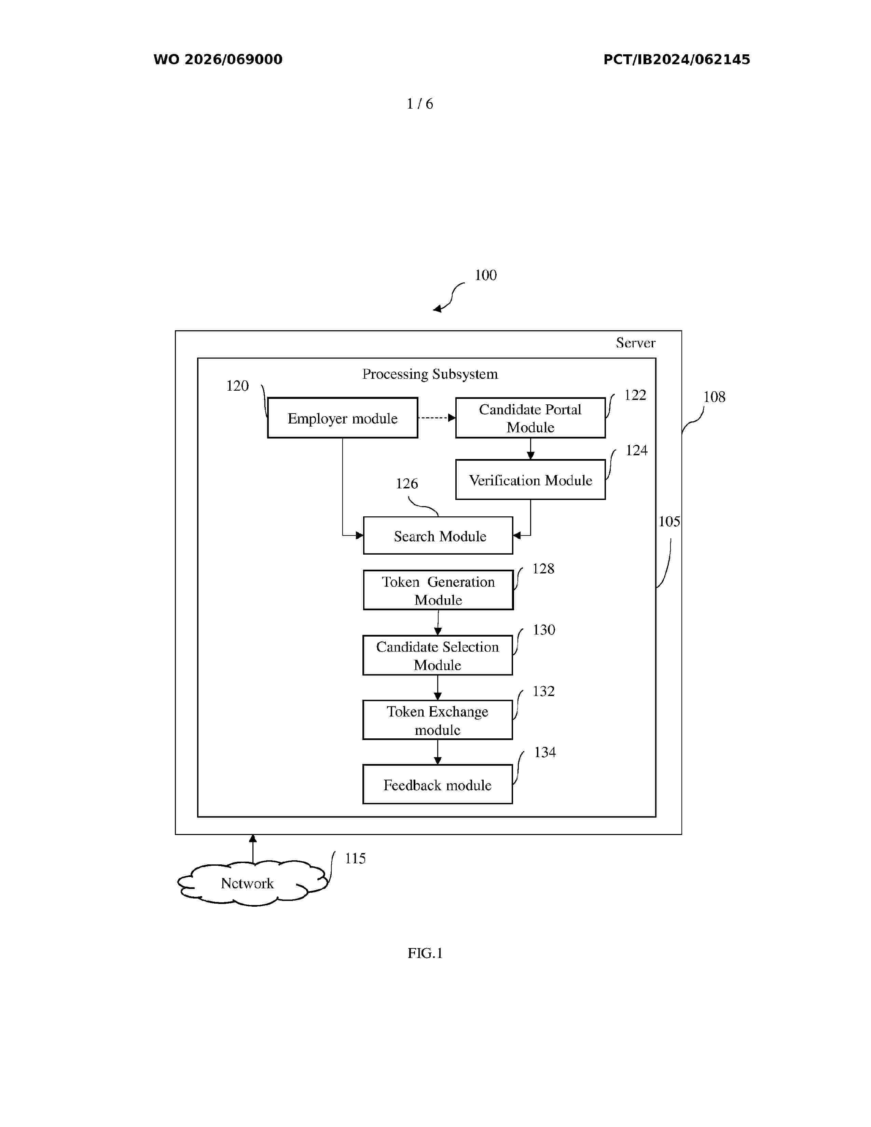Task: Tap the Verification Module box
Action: (x=530, y=479)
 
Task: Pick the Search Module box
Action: (x=438, y=535)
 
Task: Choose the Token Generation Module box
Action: (x=438, y=590)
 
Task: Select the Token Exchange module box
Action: (x=438, y=720)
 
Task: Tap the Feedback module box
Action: (x=438, y=784)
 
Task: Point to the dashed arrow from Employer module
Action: (x=437, y=417)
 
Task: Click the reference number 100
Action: (x=486, y=275)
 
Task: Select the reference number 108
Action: (x=714, y=397)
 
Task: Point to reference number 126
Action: (x=406, y=484)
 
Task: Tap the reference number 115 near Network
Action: (x=355, y=858)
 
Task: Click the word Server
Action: (x=636, y=343)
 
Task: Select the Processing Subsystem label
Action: (x=430, y=374)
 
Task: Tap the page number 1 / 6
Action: (x=419, y=104)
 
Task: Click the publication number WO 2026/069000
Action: (x=218, y=59)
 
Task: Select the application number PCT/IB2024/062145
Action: (x=676, y=59)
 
